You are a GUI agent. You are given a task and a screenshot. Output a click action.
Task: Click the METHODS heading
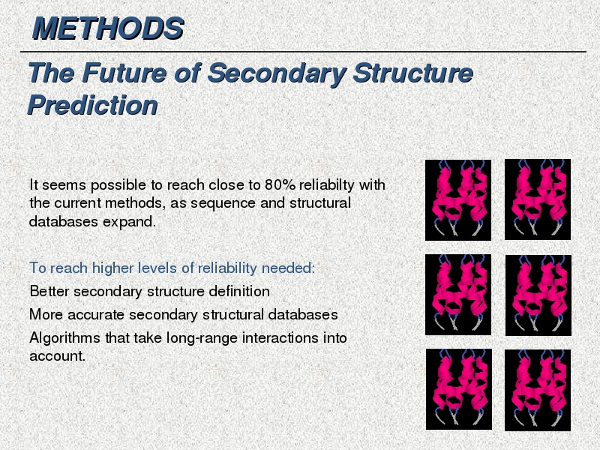pos(108,28)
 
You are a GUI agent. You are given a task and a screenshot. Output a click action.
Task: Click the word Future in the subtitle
pos(124,73)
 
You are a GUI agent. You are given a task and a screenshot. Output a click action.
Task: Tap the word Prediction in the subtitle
pos(92,105)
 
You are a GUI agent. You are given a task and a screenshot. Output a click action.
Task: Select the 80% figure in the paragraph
pos(280,184)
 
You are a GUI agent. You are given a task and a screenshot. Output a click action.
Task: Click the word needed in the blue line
pos(288,268)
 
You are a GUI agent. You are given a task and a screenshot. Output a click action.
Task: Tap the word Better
pos(49,291)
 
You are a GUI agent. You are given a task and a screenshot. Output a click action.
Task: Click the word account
pos(57,356)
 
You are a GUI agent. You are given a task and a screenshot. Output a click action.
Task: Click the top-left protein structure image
pos(458,200)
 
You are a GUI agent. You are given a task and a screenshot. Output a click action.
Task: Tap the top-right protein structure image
pos(538,199)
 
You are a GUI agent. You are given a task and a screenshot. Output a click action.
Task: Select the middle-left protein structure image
pos(458,295)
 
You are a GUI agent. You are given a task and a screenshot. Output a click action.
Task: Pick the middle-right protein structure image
pos(538,295)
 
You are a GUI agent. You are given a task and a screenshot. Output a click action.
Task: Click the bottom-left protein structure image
pos(459,389)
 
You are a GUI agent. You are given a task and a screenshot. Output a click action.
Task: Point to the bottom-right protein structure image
pos(538,390)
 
